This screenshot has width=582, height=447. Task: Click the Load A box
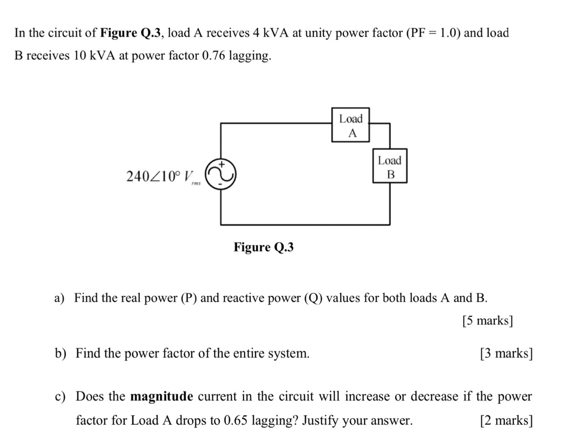pos(350,125)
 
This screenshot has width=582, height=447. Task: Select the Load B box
pos(390,166)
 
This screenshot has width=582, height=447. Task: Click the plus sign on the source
pos(222,163)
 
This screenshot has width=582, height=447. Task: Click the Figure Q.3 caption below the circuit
pos(263,247)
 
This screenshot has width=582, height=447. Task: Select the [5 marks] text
pos(487,321)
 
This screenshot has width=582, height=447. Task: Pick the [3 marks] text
pos(506,353)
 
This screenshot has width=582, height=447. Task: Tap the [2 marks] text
pos(506,420)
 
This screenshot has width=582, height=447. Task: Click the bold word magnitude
pos(161,397)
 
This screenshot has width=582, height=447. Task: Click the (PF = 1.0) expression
pos(432,33)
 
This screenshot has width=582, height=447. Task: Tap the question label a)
pos(59,298)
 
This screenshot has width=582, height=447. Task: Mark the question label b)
pos(60,353)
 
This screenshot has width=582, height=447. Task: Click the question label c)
pos(60,397)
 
